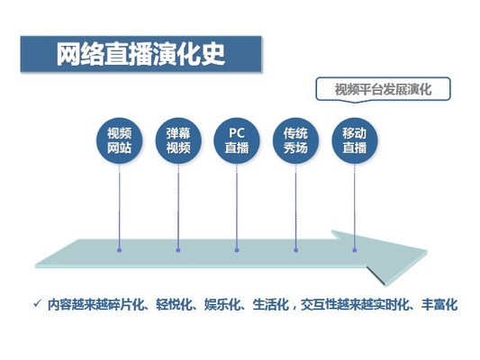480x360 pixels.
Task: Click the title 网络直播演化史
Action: pyautogui.click(x=140, y=54)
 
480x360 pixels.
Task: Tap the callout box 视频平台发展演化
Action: pyautogui.click(x=383, y=89)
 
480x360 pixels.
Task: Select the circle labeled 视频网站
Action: pyautogui.click(x=120, y=141)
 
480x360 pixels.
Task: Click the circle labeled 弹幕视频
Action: pyautogui.click(x=178, y=141)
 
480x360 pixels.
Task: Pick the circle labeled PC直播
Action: pyautogui.click(x=237, y=141)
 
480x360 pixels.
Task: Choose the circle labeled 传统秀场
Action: pyautogui.click(x=295, y=141)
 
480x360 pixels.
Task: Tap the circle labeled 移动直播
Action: pyautogui.click(x=355, y=141)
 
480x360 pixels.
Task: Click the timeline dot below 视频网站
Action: pyautogui.click(x=120, y=250)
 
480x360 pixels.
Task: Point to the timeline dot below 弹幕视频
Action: pyautogui.click(x=178, y=250)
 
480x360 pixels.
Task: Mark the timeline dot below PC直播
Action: pyautogui.click(x=237, y=250)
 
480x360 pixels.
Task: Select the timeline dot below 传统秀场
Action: pyautogui.click(x=295, y=250)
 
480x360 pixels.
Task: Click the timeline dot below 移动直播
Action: pyautogui.click(x=355, y=250)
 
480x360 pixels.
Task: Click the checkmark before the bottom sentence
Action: pyautogui.click(x=37, y=303)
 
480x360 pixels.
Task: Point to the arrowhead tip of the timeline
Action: pyautogui.click(x=427, y=251)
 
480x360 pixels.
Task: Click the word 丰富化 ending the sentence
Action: pyautogui.click(x=439, y=304)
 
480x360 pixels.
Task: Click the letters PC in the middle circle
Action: pyautogui.click(x=237, y=133)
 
